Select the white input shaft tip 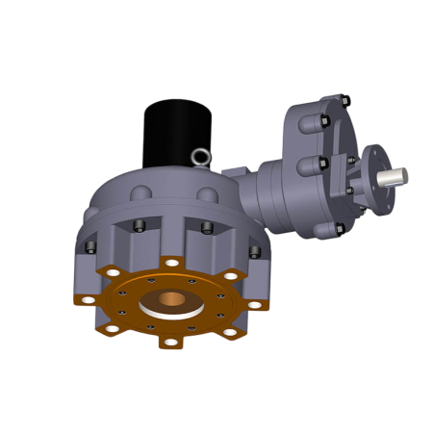[x=395, y=176]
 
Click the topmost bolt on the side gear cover [x=344, y=100]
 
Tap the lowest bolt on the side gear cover [x=339, y=229]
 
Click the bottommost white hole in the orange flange [x=171, y=341]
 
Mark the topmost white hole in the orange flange [x=171, y=263]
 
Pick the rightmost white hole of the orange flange [x=255, y=304]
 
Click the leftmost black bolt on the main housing [x=90, y=246]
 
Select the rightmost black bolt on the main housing [x=255, y=251]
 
